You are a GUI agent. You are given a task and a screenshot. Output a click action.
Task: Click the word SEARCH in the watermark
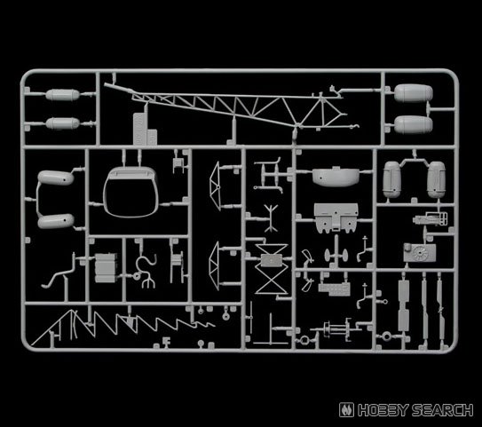pos(442,410)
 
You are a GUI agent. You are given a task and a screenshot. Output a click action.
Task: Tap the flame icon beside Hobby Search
pos(346,410)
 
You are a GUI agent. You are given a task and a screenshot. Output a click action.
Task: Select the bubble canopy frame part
pos(130,192)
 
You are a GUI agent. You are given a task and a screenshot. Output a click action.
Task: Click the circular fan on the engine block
pos(419,253)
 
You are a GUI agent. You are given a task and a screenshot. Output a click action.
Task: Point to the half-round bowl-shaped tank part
pos(336,177)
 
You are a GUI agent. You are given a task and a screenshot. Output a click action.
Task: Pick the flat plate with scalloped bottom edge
pos(336,217)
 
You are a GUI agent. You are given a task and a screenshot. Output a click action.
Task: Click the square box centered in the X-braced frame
pos(271,261)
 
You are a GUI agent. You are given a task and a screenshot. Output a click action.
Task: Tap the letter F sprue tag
pos(167,341)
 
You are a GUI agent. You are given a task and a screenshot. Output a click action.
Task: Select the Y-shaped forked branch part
pos(271,218)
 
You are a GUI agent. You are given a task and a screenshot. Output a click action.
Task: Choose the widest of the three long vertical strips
pos(404,305)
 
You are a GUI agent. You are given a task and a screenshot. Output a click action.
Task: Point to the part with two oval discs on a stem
pos(336,254)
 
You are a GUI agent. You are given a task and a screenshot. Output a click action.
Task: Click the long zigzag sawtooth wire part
pos(123,325)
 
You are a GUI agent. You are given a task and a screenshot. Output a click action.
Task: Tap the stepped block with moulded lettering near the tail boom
pos(145,129)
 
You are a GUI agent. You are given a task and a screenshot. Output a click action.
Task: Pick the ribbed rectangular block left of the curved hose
pos(106,268)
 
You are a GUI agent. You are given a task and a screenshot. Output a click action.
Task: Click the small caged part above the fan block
pos(431,219)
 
